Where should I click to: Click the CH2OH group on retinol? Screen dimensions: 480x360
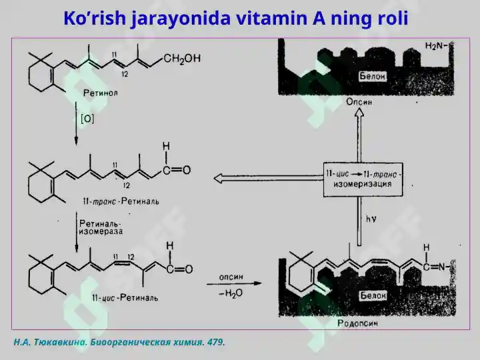point(182,59)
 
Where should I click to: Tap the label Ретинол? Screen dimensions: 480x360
point(101,93)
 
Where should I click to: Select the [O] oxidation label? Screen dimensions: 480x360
point(87,119)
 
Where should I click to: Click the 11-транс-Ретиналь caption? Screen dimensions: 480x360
point(121,201)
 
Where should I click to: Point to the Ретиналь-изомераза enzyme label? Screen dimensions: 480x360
point(101,227)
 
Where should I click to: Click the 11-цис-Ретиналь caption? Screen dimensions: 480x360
point(125,297)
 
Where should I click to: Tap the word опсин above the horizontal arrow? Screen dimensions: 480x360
point(231,277)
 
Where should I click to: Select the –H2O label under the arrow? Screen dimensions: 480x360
point(231,293)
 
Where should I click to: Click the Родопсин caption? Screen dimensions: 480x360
point(357,323)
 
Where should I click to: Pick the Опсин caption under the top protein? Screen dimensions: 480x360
point(359,101)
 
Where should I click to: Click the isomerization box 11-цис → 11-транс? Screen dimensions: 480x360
point(363,179)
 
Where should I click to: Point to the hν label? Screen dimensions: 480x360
point(371,219)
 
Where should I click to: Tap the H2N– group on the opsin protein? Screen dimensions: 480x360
point(436,46)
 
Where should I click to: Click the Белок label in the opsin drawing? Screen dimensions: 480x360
point(372,76)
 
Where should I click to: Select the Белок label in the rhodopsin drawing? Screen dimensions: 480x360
point(373,295)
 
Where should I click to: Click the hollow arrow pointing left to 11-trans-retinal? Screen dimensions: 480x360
point(269,178)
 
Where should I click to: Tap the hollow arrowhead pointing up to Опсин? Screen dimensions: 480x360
point(359,113)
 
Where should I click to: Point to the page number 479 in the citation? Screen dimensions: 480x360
point(216,342)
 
